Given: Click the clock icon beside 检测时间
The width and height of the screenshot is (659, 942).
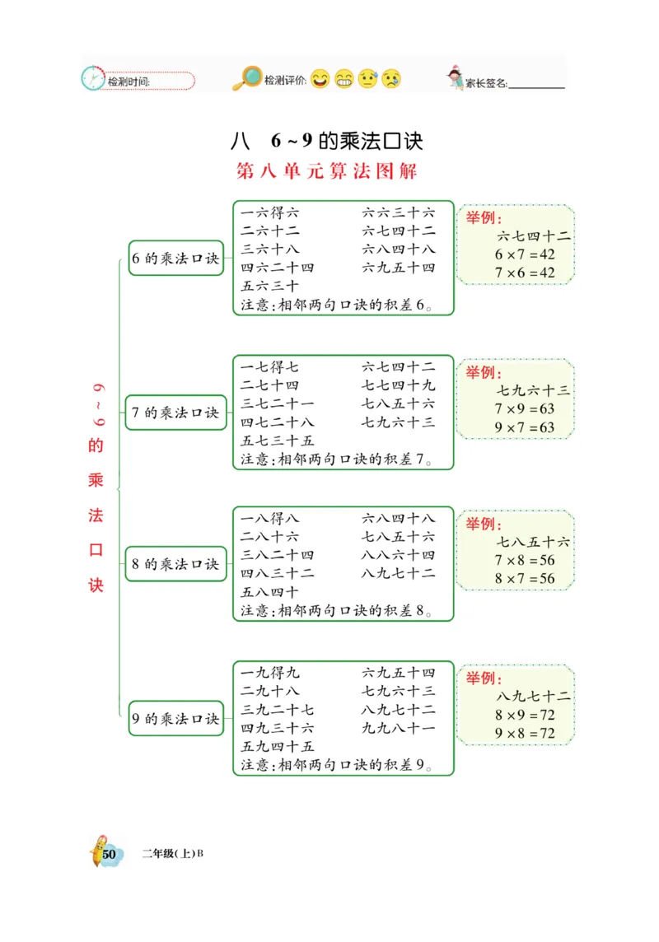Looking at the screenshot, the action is click(93, 78).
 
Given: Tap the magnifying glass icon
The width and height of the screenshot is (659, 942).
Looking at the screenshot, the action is click(246, 78).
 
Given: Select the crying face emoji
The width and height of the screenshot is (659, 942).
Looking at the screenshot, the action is click(391, 79).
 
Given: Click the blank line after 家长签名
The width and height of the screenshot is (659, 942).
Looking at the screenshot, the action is click(537, 84).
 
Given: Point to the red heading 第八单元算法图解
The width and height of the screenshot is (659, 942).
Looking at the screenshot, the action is click(327, 171).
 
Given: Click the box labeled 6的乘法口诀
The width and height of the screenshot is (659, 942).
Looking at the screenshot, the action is click(176, 259).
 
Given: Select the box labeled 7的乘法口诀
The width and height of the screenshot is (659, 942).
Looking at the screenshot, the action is click(176, 413).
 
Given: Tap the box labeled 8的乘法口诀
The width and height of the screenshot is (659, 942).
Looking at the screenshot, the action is click(176, 564).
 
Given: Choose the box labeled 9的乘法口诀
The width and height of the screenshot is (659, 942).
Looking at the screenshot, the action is click(176, 719).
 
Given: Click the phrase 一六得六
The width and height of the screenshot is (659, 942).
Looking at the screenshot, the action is click(270, 212).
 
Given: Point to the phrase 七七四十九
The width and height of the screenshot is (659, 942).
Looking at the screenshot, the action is click(399, 385).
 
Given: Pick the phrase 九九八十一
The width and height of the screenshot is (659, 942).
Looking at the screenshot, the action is click(399, 728).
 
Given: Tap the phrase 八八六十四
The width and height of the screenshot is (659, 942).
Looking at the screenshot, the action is click(399, 555).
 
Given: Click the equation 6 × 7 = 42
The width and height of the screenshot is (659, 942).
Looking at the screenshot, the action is click(525, 254).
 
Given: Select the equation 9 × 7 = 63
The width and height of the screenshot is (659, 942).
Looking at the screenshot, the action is click(525, 427).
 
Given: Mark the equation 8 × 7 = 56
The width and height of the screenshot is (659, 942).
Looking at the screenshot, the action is click(525, 579).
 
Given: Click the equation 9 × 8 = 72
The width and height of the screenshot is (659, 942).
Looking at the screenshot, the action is click(525, 734).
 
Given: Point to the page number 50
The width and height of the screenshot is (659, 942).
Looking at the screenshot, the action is click(108, 853).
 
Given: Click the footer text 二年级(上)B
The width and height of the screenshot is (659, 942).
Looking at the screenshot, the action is click(172, 853).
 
